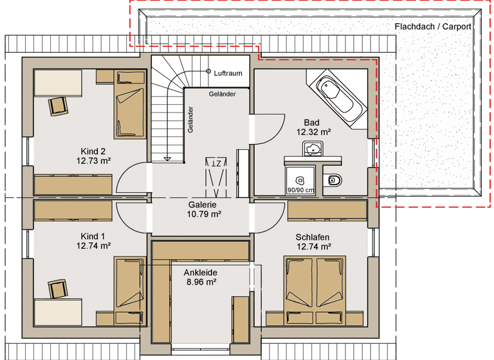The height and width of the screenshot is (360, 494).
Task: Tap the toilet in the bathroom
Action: [334, 179]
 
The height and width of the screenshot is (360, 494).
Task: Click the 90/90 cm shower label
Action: [300, 190]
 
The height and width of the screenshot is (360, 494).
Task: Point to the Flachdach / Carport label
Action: [432, 27]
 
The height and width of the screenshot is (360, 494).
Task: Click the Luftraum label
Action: [228, 73]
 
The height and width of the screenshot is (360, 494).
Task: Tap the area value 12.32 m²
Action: [313, 132]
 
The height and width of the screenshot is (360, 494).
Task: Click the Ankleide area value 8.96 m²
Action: [201, 282]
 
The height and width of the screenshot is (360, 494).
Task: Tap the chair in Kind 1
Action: [58, 289]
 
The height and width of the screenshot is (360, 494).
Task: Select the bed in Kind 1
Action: [127, 290]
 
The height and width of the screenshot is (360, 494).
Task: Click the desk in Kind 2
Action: [58, 83]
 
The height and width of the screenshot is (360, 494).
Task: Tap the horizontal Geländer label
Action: [222, 94]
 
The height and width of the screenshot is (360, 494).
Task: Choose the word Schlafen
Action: [313, 237]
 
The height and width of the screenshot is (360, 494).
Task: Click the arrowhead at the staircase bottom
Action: [167, 158]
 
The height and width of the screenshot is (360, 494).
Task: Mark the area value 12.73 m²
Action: [93, 161]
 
